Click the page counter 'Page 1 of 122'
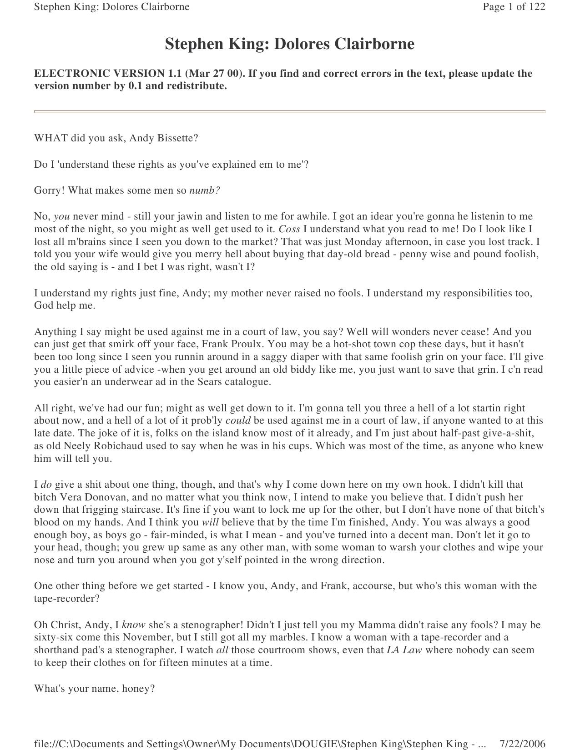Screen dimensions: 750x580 [x=514, y=7]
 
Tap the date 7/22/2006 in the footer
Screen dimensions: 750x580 [x=522, y=744]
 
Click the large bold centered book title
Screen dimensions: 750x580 [x=289, y=44]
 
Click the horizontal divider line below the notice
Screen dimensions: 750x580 [x=289, y=111]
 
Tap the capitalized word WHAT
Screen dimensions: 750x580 [x=51, y=138]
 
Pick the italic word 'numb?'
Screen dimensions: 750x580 [x=205, y=190]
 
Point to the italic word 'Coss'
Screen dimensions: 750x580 [x=289, y=229]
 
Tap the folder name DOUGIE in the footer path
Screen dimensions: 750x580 [x=316, y=744]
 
